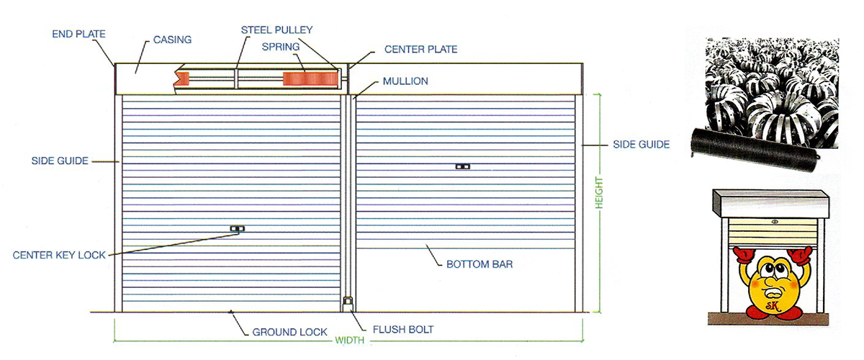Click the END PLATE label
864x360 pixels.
tap(78, 34)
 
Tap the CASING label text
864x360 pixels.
tap(172, 40)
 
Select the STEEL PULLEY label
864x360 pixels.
tap(277, 30)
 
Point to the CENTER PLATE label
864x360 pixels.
tap(420, 50)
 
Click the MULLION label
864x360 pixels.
tap(405, 81)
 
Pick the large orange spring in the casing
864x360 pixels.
tap(310, 78)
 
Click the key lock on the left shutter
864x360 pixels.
tap(237, 228)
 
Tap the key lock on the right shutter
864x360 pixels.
tap(463, 167)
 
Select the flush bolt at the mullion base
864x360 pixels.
tap(348, 303)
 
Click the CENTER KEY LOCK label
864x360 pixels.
tap(59, 255)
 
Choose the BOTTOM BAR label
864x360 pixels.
tap(480, 264)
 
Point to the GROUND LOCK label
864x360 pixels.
tap(289, 332)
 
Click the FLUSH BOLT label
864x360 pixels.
tap(403, 330)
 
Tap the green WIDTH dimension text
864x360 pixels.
tap(349, 341)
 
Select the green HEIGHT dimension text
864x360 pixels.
tap(598, 193)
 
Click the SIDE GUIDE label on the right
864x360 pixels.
tap(641, 144)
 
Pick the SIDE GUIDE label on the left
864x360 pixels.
tap(60, 161)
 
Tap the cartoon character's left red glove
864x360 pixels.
tap(743, 255)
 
